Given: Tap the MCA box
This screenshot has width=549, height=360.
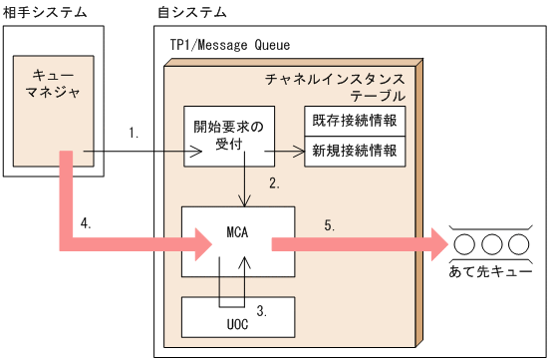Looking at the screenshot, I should pyautogui.click(x=237, y=241).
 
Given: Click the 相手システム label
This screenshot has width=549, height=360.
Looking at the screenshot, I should pyautogui.click(x=45, y=12).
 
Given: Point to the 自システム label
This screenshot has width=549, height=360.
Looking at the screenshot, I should pyautogui.click(x=192, y=12).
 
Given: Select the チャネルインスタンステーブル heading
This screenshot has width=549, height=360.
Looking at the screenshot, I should pyautogui.click(x=337, y=87).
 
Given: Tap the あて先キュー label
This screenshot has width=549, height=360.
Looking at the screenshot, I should pyautogui.click(x=488, y=270).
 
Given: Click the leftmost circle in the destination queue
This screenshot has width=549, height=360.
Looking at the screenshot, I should pyautogui.click(x=464, y=242).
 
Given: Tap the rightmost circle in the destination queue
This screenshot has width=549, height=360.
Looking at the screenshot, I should pyautogui.click(x=516, y=242).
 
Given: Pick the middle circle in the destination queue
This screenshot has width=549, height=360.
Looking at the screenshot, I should pyautogui.click(x=490, y=242).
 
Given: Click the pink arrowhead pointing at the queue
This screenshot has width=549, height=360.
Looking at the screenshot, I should pyautogui.click(x=435, y=242).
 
